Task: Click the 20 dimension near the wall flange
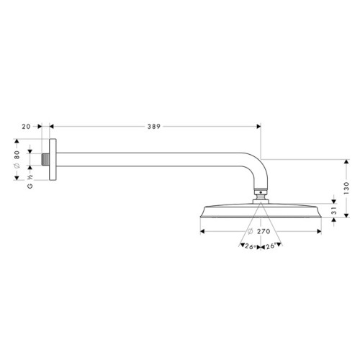pyautogui.click(x=26, y=126)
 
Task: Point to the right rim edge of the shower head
pyautogui.click(x=319, y=212)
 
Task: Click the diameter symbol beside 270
pyautogui.click(x=249, y=232)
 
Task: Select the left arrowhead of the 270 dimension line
pyautogui.click(x=202, y=232)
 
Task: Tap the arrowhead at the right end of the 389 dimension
pyautogui.click(x=257, y=126)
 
